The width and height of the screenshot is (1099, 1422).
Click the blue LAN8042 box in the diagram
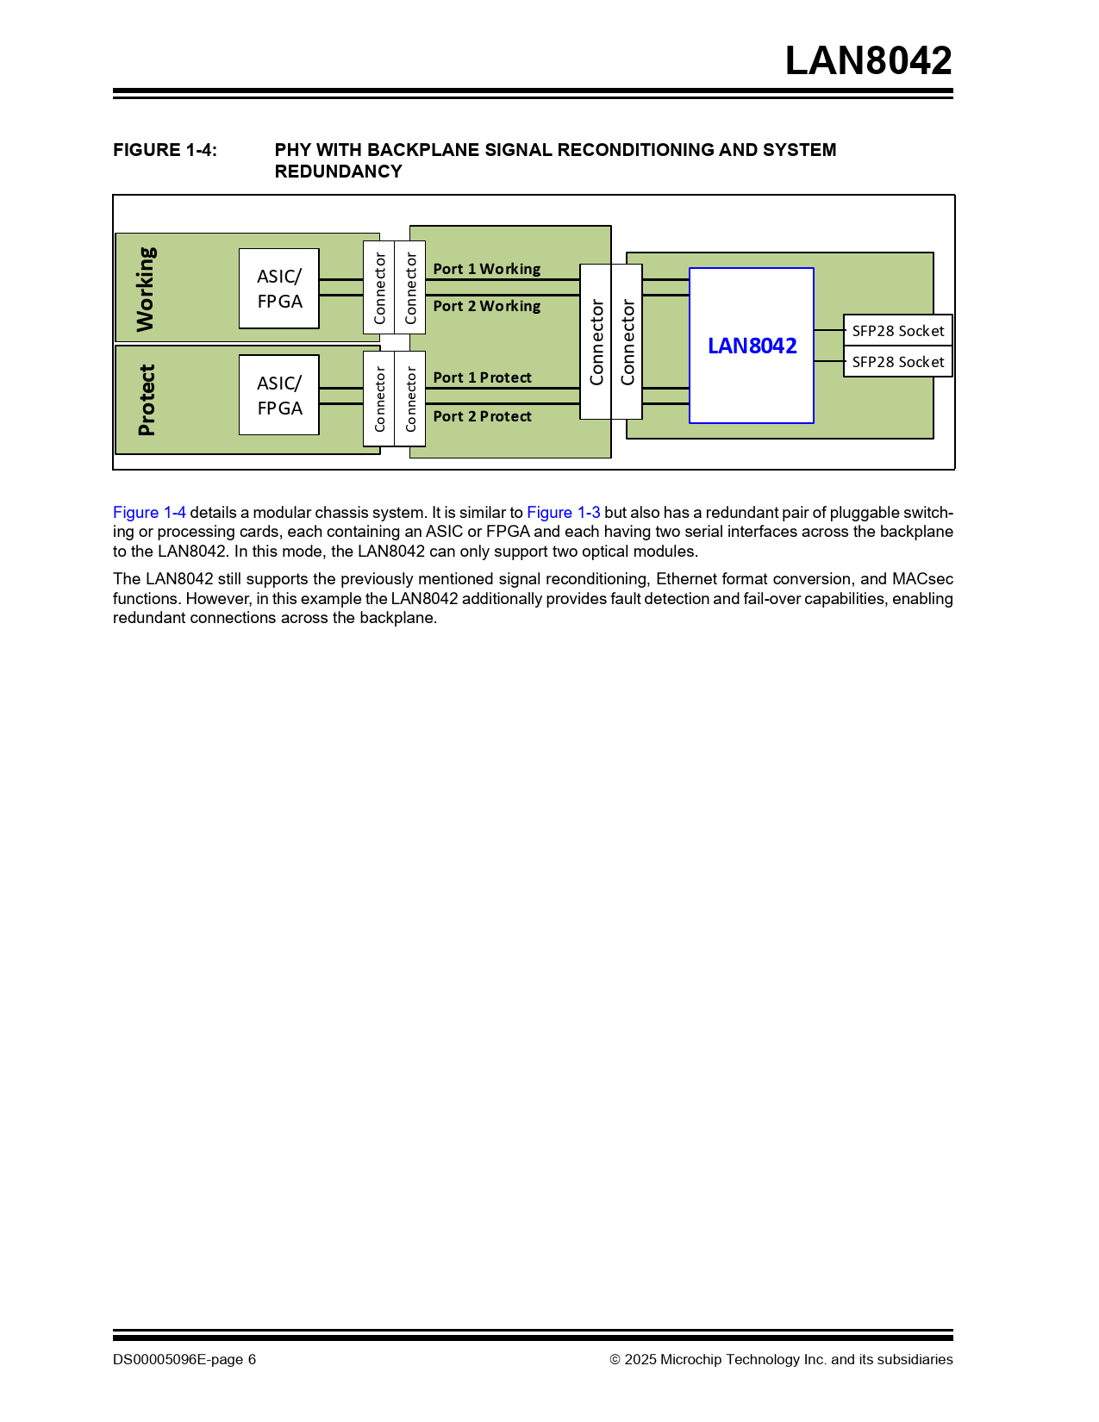[x=752, y=346]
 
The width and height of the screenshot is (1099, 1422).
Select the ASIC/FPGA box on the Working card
[x=279, y=289]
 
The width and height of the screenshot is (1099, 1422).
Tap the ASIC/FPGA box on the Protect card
[x=279, y=396]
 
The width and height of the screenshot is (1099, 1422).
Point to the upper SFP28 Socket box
[x=897, y=331]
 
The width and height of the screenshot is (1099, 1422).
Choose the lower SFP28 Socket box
[x=897, y=362]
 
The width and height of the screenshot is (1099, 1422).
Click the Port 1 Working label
[x=486, y=269]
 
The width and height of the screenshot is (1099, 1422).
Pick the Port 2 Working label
[x=486, y=306]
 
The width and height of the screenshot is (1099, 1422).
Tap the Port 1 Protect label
[x=482, y=377]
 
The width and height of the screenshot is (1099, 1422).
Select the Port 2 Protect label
[x=482, y=416]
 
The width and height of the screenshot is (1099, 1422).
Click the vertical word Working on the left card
[x=146, y=290]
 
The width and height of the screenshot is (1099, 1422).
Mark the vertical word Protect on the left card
[x=147, y=400]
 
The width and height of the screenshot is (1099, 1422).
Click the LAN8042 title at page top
[x=868, y=61]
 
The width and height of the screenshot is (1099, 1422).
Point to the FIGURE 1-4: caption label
[x=165, y=150]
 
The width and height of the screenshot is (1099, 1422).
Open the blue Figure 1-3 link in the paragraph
[x=563, y=513]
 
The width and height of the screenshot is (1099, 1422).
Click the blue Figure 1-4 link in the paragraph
[x=149, y=513]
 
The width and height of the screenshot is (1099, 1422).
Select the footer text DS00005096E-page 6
[x=184, y=1360]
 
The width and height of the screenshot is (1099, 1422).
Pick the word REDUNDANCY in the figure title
[x=338, y=172]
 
